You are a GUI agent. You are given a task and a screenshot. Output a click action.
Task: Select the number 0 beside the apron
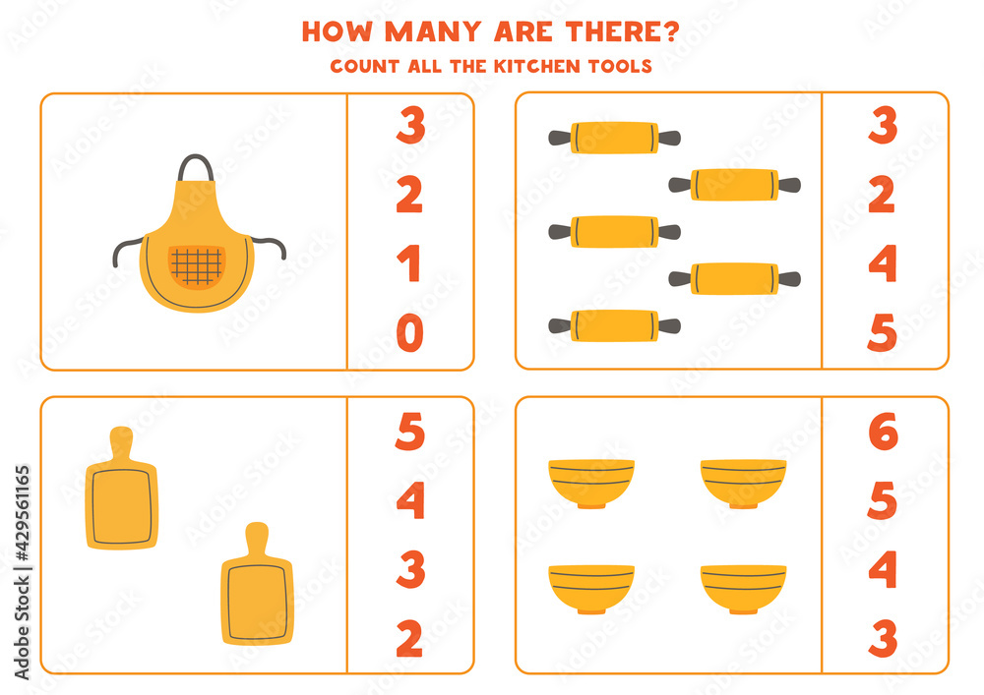click(x=409, y=334)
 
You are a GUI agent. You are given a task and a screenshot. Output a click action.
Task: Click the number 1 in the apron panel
click(x=409, y=265)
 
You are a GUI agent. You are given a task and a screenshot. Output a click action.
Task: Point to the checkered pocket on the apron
click(x=197, y=265)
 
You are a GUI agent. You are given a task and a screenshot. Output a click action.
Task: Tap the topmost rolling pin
click(x=615, y=138)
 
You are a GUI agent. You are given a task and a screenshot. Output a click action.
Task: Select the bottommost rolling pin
click(x=615, y=325)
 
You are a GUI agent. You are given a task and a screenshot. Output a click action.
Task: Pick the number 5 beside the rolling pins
click(x=883, y=334)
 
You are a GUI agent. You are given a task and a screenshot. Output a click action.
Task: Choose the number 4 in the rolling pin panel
click(x=883, y=265)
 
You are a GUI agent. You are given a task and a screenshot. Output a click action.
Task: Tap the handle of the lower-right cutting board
click(x=256, y=541)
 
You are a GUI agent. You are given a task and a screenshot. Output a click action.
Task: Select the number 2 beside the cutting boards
click(x=409, y=640)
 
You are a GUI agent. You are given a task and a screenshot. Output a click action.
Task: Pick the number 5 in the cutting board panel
click(x=409, y=433)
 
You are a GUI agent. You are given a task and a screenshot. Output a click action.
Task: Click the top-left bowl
click(x=591, y=482)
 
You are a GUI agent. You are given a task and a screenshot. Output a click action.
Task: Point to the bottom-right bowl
click(x=744, y=589)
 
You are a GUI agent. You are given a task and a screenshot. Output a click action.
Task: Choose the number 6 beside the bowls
click(x=883, y=433)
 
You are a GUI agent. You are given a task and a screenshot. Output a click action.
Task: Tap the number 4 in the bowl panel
click(x=883, y=571)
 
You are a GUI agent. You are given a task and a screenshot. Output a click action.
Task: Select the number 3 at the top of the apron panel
click(x=409, y=127)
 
